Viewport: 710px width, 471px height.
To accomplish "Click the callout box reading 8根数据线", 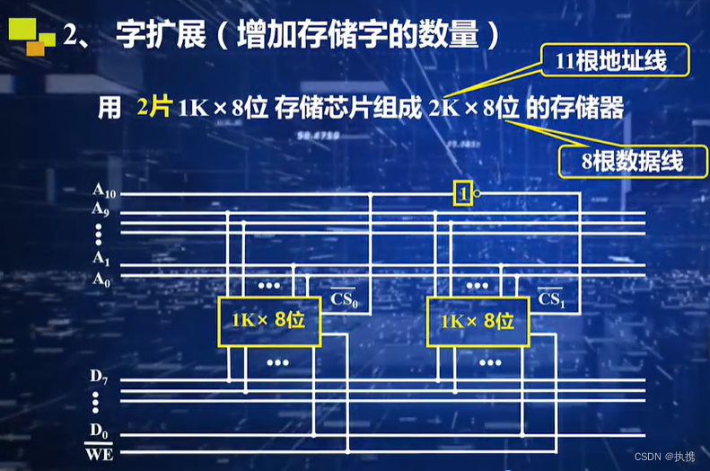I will [620, 161].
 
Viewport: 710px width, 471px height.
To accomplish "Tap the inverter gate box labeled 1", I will [462, 193].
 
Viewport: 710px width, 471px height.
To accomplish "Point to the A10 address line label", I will [104, 191].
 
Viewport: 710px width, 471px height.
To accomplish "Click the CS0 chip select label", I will [345, 299].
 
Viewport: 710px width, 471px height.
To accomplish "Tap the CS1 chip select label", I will [550, 299].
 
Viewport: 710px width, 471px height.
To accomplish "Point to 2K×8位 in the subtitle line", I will [475, 109].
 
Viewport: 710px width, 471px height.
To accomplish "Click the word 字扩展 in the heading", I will [149, 37].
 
